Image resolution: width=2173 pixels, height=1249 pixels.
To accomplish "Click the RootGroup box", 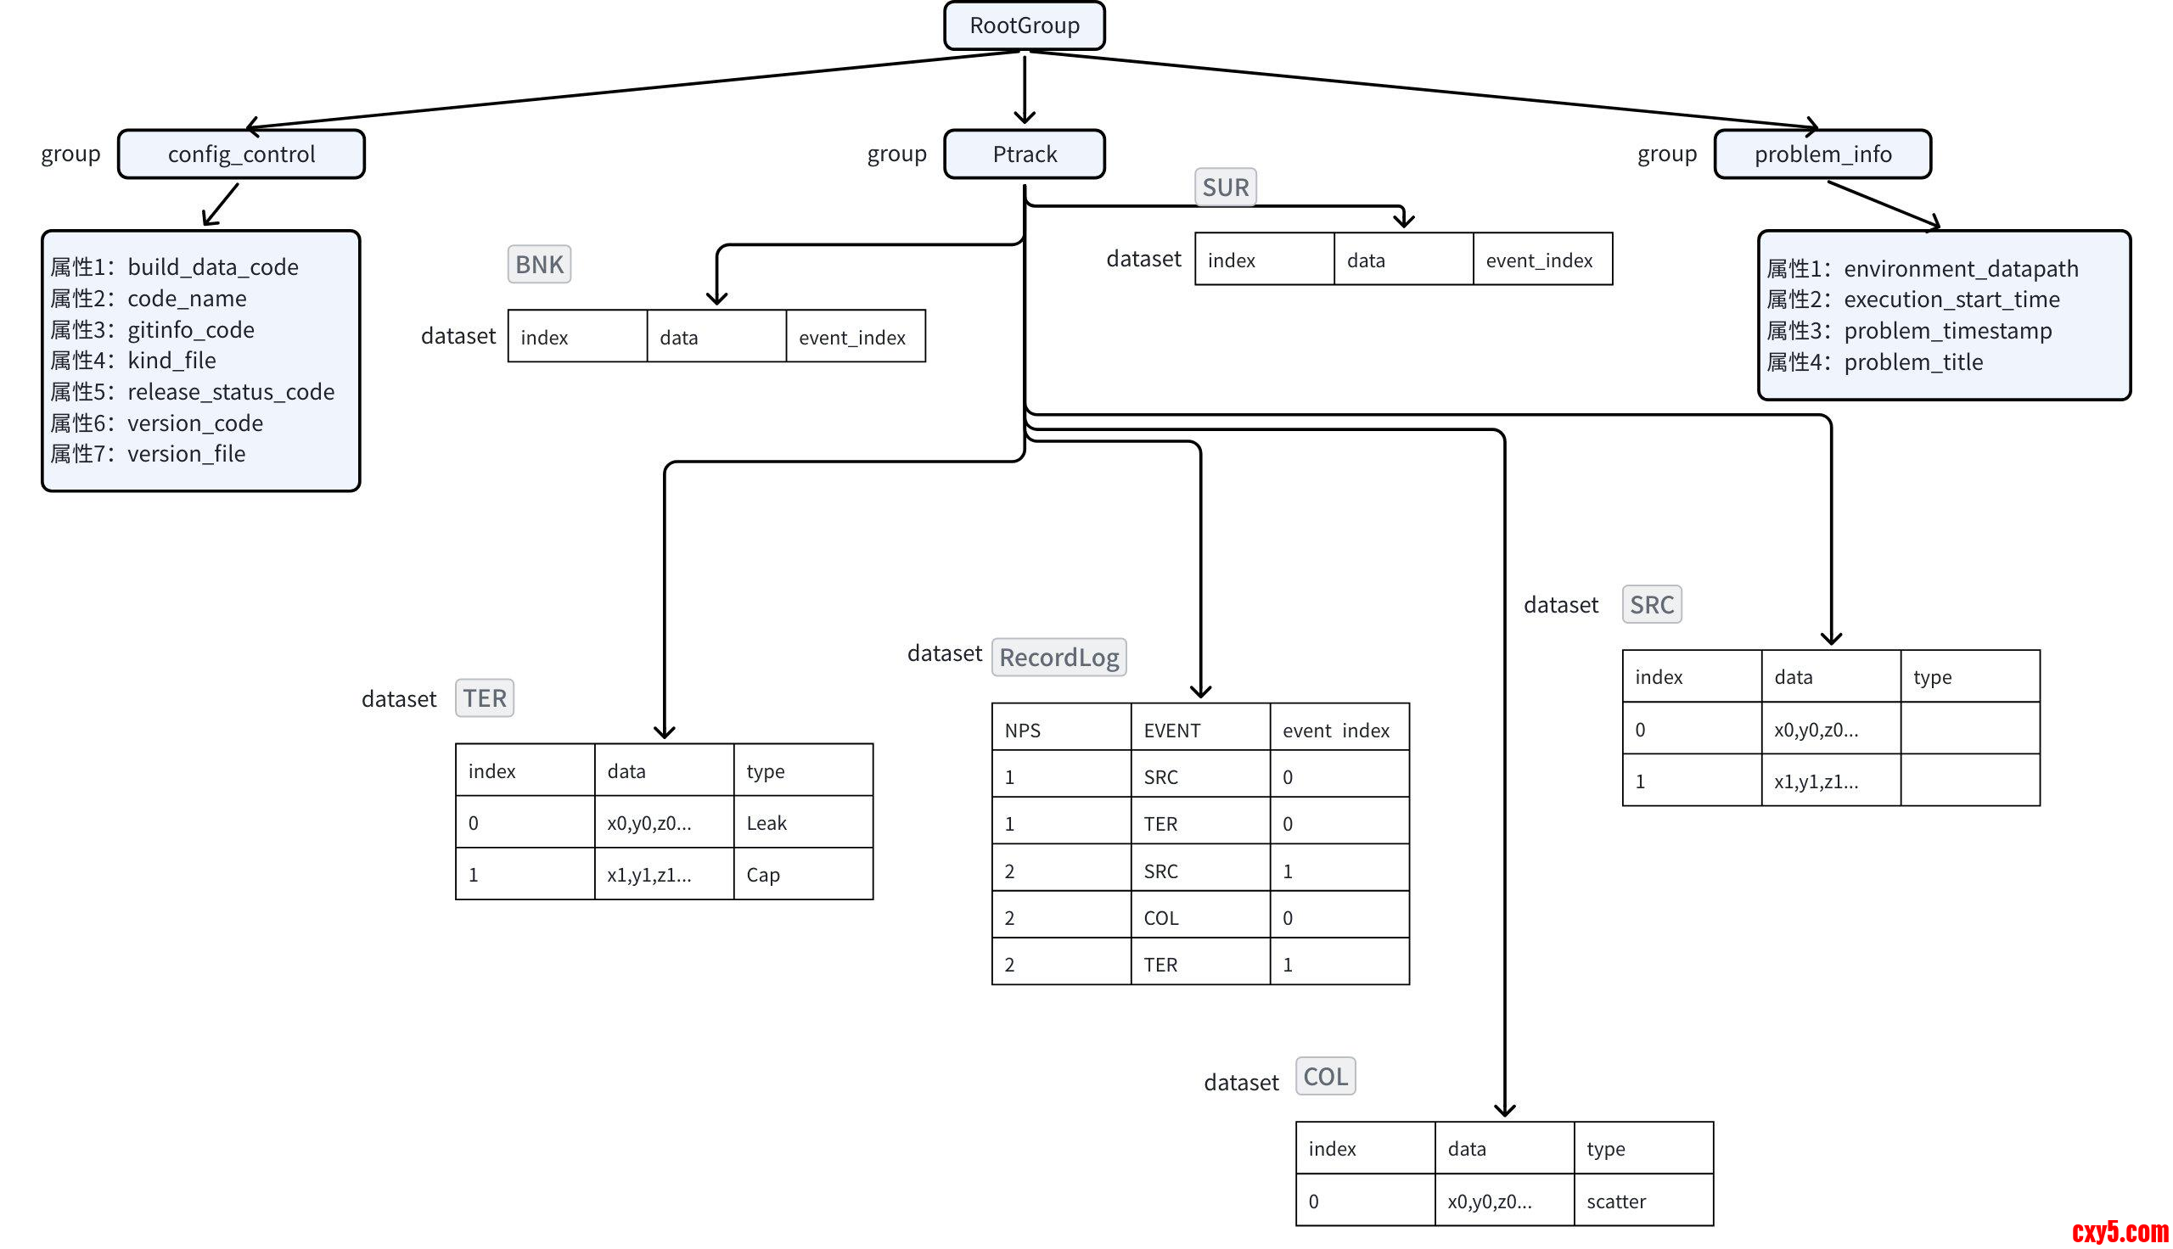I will point(1024,25).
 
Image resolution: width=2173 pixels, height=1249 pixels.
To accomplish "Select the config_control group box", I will point(241,154).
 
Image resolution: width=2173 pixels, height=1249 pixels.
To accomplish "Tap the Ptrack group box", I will point(1024,154).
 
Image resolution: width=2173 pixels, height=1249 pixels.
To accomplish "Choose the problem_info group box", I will point(1822,154).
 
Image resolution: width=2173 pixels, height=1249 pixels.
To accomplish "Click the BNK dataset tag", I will point(539,264).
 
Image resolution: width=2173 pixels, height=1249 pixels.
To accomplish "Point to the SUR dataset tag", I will point(1224,187).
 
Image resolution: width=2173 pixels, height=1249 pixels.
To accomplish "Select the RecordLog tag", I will point(1058,657).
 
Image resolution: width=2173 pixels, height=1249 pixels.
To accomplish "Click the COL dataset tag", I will point(1324,1077).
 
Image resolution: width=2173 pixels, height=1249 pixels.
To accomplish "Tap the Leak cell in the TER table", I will point(802,823).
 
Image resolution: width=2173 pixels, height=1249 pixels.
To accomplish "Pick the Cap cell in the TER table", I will point(802,874).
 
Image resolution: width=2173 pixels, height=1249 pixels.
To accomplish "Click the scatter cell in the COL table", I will point(1642,1201).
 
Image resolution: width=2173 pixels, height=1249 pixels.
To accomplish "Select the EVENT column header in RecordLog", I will point(1199,730).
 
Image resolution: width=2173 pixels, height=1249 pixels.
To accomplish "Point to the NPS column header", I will point(1060,730).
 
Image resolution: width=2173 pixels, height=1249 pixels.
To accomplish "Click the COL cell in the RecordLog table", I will point(1199,918).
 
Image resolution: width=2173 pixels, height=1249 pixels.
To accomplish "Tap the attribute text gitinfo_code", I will point(190,330).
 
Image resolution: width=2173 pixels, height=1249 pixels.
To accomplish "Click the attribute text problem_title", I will point(1913,362).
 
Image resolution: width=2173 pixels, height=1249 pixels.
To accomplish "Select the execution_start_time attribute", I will point(1951,300).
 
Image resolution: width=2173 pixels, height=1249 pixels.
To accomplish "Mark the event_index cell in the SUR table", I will point(1541,260).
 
